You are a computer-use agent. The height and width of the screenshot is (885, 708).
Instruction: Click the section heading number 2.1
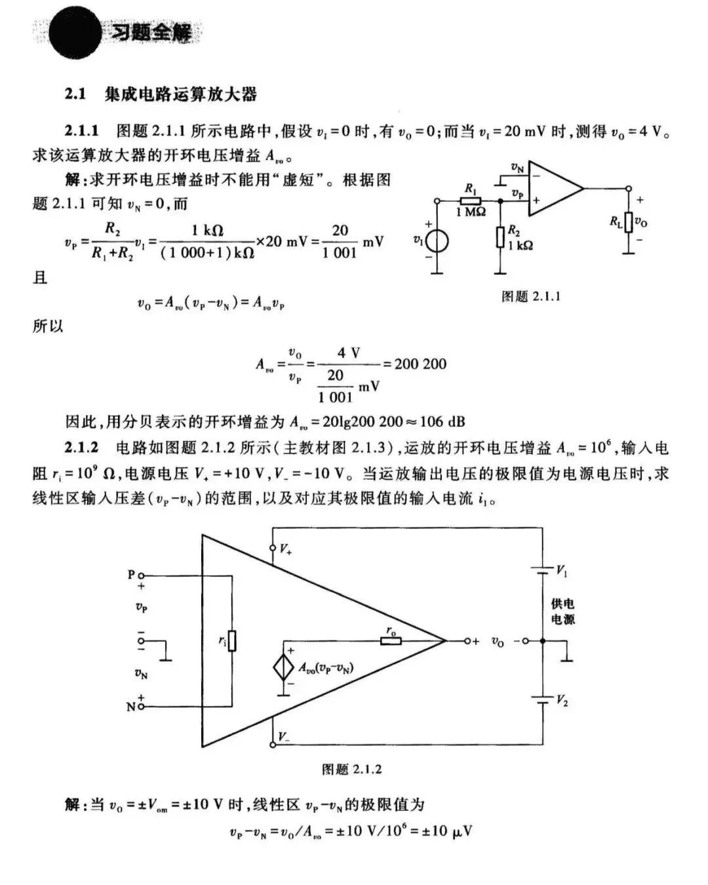[x=75, y=94]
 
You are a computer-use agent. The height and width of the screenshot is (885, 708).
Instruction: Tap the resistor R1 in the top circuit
[x=471, y=201]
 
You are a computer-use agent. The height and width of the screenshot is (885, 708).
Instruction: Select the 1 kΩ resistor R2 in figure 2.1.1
[x=501, y=237]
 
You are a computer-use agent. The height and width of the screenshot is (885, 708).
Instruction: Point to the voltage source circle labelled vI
[x=437, y=241]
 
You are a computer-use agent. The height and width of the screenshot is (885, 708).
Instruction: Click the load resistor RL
[x=628, y=222]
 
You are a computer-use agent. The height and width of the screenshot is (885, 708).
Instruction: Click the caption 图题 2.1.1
[x=530, y=297]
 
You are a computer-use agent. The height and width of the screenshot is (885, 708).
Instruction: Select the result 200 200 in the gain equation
[x=420, y=364]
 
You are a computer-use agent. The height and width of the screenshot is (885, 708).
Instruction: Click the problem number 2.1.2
[x=81, y=448]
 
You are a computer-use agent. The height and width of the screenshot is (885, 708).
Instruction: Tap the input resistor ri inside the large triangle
[x=232, y=640]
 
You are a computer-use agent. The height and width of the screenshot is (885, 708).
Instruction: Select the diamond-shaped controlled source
[x=284, y=667]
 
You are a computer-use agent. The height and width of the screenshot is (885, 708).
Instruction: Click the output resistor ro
[x=391, y=640]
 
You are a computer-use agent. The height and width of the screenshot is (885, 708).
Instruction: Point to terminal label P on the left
[x=131, y=575]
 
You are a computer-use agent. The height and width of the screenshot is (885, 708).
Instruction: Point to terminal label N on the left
[x=131, y=707]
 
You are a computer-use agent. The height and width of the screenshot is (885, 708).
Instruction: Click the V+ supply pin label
[x=285, y=549]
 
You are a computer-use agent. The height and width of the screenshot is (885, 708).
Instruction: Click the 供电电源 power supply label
[x=562, y=611]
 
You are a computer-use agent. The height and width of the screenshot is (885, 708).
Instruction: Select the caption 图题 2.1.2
[x=351, y=769]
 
